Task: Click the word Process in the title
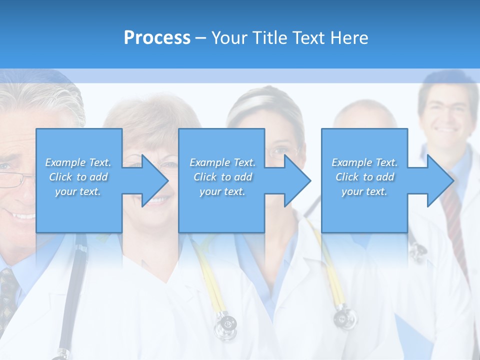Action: tap(157, 38)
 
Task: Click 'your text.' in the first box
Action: tap(78, 191)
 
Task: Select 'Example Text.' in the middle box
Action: tap(222, 162)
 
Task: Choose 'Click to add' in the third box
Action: tap(364, 177)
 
